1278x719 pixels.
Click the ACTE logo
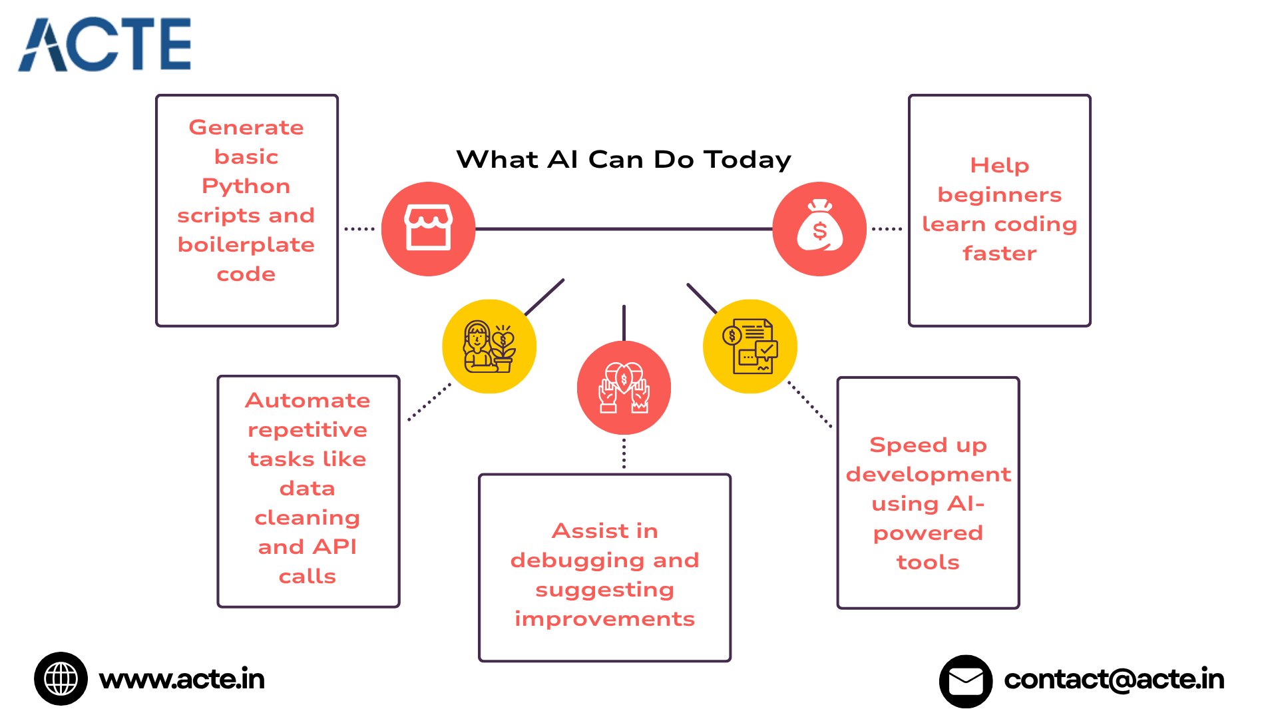tap(105, 45)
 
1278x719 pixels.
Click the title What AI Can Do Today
tap(624, 160)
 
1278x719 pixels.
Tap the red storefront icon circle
tap(428, 228)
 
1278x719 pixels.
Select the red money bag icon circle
tap(819, 228)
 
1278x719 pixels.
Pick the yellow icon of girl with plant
tap(489, 346)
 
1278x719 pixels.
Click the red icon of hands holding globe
tap(624, 387)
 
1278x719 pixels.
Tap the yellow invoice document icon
tap(750, 346)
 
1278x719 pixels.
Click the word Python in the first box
tap(246, 186)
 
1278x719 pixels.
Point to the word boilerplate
tap(246, 245)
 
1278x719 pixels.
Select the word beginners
tap(999, 195)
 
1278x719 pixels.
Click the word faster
tap(999, 254)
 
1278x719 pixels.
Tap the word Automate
tap(308, 400)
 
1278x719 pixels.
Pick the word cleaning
tap(308, 517)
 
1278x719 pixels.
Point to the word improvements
tap(604, 619)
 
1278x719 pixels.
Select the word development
tap(928, 475)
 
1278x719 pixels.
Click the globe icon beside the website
tap(61, 678)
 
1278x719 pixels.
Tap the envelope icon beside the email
tap(965, 681)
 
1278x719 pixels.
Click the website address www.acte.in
tap(182, 679)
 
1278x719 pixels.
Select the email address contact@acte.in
tap(1114, 679)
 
